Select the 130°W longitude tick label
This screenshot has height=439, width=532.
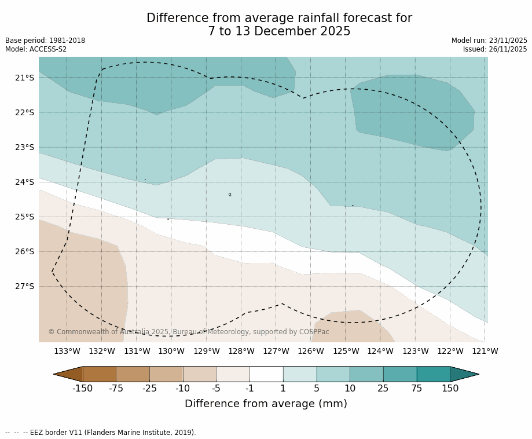(x=171, y=351)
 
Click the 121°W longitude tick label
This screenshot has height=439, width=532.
(x=485, y=351)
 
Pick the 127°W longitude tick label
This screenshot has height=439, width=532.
(x=276, y=351)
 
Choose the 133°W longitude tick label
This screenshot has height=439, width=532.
(x=67, y=351)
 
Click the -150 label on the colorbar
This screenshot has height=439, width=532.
(x=82, y=389)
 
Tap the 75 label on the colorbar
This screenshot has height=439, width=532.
(x=417, y=389)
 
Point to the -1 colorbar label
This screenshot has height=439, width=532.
(x=250, y=389)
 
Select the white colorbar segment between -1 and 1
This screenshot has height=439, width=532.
(x=266, y=374)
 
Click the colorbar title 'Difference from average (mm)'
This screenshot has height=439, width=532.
(x=266, y=404)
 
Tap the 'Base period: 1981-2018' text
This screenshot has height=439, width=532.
(x=45, y=41)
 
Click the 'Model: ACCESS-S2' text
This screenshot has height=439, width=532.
(x=36, y=49)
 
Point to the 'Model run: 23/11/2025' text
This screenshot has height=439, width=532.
(x=489, y=41)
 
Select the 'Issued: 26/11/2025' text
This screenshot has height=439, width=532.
(x=495, y=49)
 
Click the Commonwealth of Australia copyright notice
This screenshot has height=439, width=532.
(x=189, y=332)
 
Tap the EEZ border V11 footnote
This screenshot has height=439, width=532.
(x=101, y=433)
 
